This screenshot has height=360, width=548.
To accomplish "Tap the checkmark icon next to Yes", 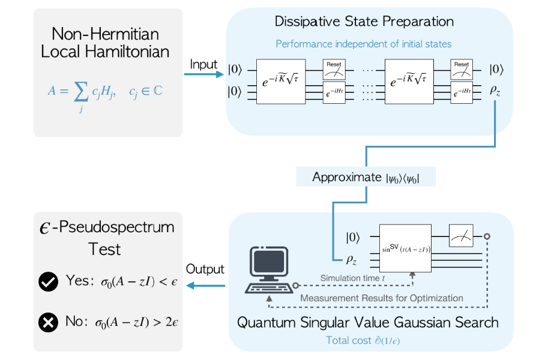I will click(x=48, y=281).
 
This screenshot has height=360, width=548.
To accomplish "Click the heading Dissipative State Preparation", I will click(x=364, y=22).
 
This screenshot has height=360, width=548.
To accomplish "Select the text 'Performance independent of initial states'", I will click(x=364, y=44).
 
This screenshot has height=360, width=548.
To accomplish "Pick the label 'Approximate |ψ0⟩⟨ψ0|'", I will click(x=366, y=177).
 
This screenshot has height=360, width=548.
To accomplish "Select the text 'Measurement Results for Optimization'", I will click(x=382, y=298).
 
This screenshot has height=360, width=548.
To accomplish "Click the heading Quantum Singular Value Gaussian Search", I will click(x=367, y=322).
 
